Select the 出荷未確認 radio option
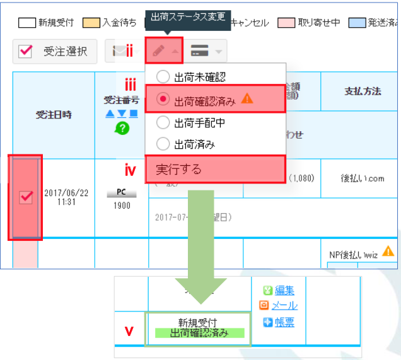[x=163, y=77]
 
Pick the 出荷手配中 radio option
[x=163, y=122]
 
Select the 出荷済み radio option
[x=163, y=144]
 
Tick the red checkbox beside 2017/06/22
[x=26, y=197]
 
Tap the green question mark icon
[x=121, y=128]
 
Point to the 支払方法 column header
[x=363, y=91]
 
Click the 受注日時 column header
[x=54, y=115]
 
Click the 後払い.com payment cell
[x=361, y=178]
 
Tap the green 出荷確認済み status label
[x=199, y=333]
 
